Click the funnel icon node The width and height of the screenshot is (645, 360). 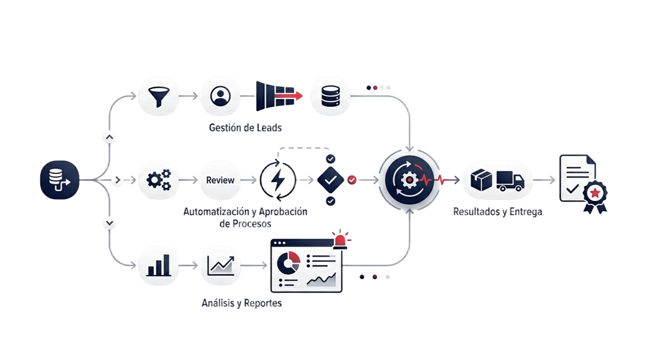tap(158, 95)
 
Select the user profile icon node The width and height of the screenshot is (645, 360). tap(220, 95)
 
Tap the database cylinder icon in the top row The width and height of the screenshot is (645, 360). tap(330, 95)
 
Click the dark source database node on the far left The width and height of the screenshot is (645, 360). tap(60, 179)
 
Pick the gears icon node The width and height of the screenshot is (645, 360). tap(158, 179)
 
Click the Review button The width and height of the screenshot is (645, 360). tap(220, 180)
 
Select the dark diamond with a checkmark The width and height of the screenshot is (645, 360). tap(331, 179)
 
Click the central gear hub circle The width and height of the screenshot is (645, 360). tap(409, 179)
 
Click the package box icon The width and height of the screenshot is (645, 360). tap(481, 180)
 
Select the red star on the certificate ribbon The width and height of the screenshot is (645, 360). tap(595, 192)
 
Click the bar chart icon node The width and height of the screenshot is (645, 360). tap(158, 264)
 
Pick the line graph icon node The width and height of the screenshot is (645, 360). tap(220, 264)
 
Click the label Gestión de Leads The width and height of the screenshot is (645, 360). tap(245, 128)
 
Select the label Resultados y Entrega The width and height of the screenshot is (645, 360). tap(497, 212)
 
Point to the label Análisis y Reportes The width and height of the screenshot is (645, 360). tap(242, 304)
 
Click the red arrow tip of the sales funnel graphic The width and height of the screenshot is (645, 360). tap(299, 95)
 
